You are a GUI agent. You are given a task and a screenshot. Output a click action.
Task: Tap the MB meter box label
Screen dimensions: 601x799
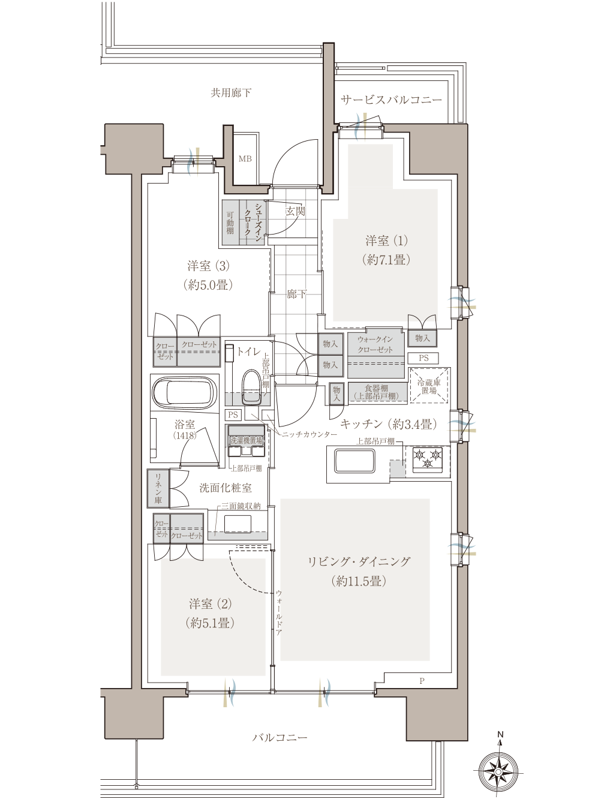245,159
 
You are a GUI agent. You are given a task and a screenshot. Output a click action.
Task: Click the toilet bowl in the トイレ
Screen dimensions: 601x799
251,387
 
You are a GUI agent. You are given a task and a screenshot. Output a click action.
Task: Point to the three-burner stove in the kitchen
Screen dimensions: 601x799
428,459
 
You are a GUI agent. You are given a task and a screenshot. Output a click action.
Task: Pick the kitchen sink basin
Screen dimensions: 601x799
354,461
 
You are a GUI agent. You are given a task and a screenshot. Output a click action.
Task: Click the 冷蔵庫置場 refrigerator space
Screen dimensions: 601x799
429,386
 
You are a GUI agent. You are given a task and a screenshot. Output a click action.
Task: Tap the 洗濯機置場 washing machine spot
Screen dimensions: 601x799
247,440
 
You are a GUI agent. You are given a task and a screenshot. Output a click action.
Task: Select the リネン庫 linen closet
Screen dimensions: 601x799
158,488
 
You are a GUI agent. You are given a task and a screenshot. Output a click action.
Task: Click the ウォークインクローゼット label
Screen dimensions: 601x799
375,344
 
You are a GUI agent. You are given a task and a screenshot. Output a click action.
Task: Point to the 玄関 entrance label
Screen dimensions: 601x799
295,212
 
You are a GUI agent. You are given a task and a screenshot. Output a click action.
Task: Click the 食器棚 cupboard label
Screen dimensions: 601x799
376,392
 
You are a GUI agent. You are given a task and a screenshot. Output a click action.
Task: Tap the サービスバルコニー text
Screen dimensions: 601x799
392,100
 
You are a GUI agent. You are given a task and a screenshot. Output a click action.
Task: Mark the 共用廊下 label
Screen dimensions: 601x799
231,93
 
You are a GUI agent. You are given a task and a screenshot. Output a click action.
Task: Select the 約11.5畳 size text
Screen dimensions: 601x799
359,581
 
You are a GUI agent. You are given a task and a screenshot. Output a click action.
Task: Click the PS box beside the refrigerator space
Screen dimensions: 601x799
423,358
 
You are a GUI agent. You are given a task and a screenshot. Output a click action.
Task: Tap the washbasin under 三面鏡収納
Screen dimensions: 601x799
238,524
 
